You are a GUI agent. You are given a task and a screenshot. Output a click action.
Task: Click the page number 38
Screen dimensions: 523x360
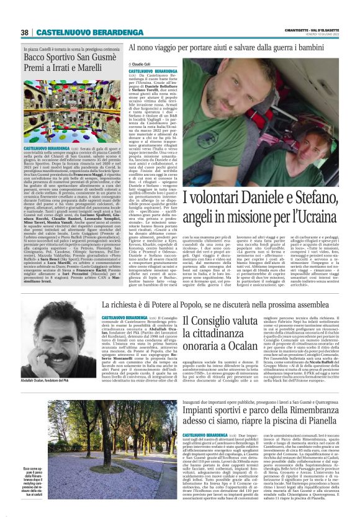tap(25, 32)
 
